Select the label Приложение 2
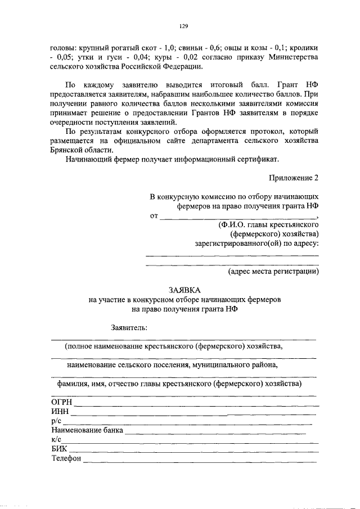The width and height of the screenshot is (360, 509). (293, 178)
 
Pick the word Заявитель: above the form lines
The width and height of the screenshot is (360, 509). (130, 327)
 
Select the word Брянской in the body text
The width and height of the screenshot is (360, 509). (66, 150)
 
